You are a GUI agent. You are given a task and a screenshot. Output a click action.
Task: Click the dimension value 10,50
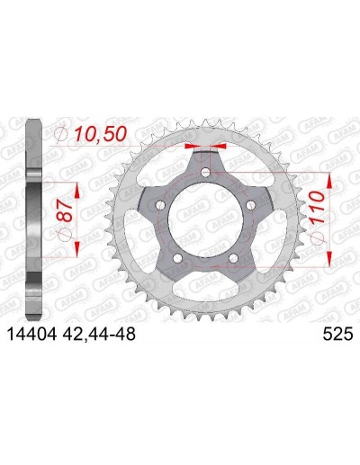point(100,134)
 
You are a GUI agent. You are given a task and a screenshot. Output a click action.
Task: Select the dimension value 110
point(318,207)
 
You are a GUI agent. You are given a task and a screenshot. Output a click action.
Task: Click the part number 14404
point(31,334)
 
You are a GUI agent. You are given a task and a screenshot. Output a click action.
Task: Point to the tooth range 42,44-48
point(99,334)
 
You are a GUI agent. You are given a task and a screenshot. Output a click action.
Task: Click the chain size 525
point(337,334)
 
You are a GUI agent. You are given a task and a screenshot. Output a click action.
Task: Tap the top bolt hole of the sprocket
point(205,172)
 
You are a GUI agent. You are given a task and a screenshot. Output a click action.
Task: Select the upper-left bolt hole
point(161,205)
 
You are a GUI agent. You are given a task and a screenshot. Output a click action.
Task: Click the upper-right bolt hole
point(250,205)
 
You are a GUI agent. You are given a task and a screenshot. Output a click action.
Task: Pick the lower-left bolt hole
point(178,258)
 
